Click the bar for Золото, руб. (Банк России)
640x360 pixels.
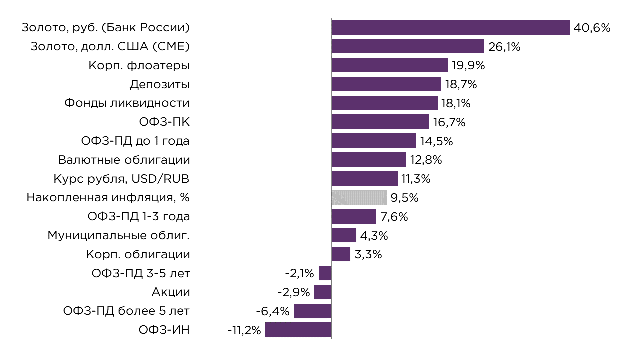pos(450,27)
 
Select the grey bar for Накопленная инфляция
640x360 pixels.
pos(359,198)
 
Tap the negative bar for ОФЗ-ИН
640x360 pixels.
pos(298,330)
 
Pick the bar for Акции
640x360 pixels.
pos(323,292)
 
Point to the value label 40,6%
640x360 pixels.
pos(592,28)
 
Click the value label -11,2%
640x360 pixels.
pos(244,330)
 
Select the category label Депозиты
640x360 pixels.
pos(159,84)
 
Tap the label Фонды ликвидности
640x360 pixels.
pos(127,103)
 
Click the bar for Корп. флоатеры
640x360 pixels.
pos(390,65)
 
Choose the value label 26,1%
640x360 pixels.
pos(504,47)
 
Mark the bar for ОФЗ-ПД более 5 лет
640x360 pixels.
pos(312,311)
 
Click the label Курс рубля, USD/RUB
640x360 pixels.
pos(121,179)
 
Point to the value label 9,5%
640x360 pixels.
pos(404,198)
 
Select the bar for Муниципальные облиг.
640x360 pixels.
pos(344,235)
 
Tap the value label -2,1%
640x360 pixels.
pos(299,273)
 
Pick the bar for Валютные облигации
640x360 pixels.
pos(369,160)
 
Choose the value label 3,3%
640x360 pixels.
pos(368,254)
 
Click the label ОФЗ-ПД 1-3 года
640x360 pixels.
pos(138,217)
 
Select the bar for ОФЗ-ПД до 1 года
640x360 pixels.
pos(374,141)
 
